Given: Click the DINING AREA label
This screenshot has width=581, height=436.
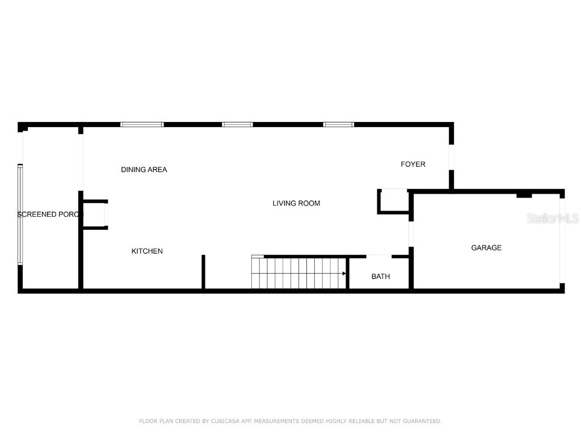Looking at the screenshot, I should [144, 170].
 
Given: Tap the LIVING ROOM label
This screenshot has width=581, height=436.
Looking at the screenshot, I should [296, 203].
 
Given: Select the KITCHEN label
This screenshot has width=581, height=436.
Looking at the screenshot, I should [147, 251].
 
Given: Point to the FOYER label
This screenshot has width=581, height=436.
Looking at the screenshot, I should [413, 164].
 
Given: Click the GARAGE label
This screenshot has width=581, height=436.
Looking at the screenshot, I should [486, 248].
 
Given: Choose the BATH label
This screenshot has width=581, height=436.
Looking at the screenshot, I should [381, 276].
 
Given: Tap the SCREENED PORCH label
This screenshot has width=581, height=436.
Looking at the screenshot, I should [50, 215].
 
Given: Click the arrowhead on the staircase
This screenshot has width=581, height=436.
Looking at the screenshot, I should [344, 274].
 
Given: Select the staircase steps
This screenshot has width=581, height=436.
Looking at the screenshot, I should [298, 273].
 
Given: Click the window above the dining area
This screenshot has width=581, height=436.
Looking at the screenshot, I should [142, 124].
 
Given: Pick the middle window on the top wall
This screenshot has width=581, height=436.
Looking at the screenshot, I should [237, 124].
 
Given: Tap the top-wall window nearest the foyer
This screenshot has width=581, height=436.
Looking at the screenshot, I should [339, 124].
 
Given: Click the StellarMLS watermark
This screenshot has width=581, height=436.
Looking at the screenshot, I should [553, 219].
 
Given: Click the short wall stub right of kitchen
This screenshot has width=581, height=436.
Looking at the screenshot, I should [203, 272].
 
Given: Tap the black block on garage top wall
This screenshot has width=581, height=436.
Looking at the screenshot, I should [524, 195].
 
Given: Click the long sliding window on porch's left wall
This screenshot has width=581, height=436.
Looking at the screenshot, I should [20, 215].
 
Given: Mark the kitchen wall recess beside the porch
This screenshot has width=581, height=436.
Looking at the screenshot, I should [95, 215].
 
